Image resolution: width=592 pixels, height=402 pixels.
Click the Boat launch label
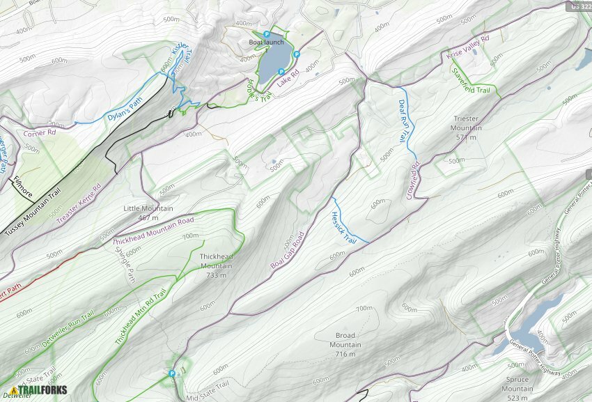[x=267, y=42]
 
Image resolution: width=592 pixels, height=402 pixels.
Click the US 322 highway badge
[x=580, y=6]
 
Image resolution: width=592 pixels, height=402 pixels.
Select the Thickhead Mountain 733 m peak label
[x=217, y=266]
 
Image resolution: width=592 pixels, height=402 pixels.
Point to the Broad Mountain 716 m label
[x=345, y=345]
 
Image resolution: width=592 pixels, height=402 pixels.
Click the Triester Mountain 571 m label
[x=467, y=128]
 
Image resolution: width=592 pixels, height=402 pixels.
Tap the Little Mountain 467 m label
[x=148, y=213]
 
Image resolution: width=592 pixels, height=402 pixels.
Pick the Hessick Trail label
[x=344, y=227]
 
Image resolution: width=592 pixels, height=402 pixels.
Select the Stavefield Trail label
[x=471, y=81]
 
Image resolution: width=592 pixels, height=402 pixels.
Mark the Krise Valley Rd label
[x=468, y=48]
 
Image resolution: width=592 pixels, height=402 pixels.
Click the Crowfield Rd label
[x=413, y=180]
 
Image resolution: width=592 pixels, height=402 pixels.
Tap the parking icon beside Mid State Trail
[x=171, y=373]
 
